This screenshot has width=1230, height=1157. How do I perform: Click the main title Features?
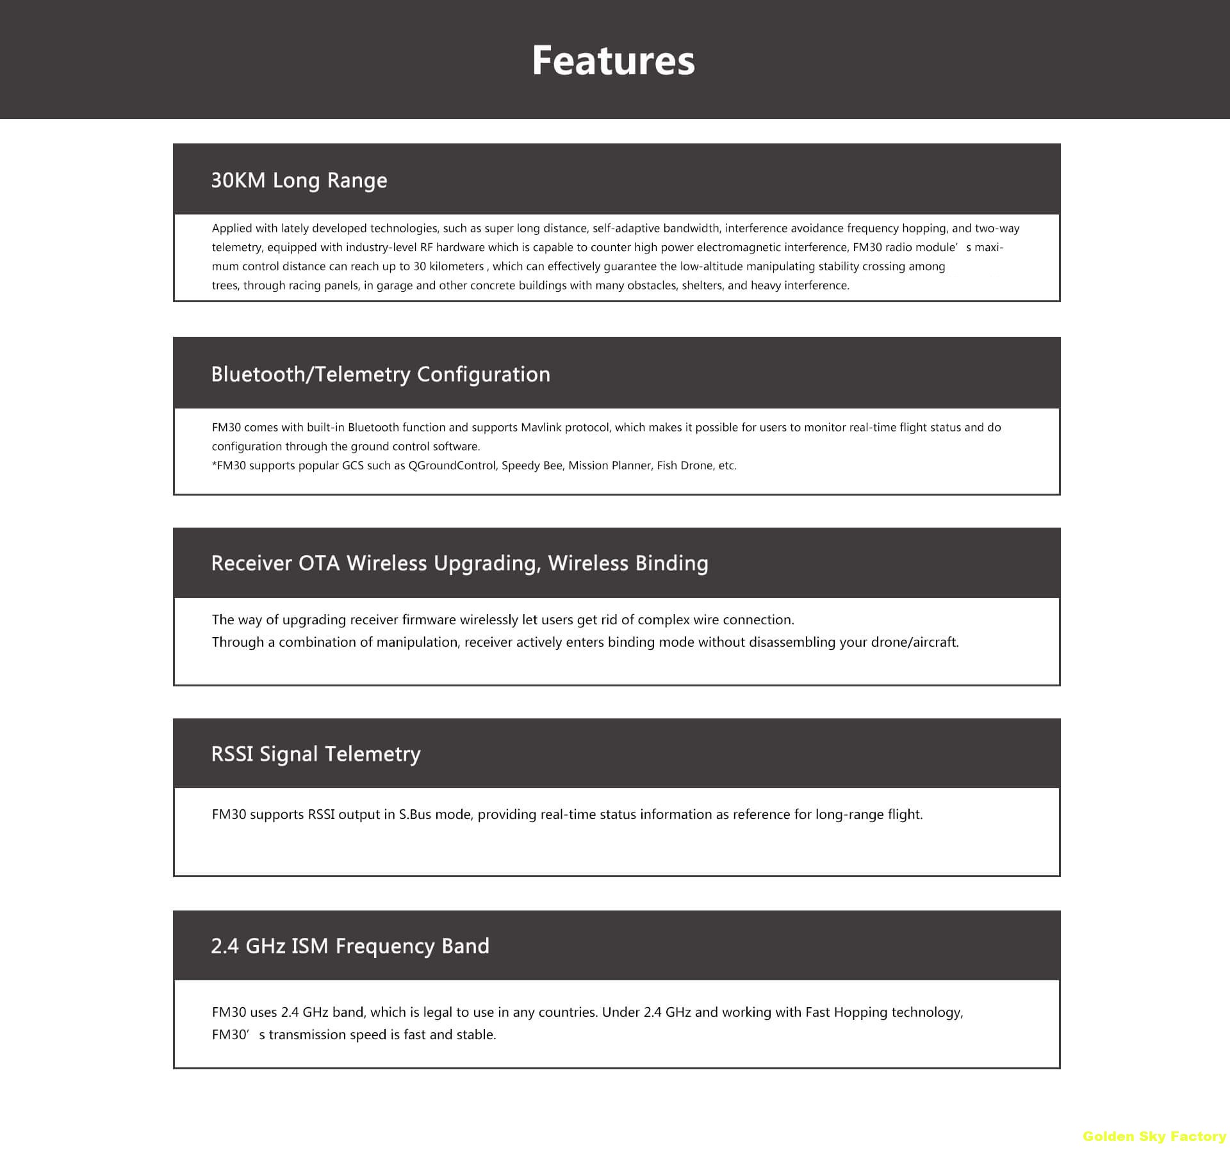click(x=613, y=61)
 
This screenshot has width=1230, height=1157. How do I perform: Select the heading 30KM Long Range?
click(x=299, y=181)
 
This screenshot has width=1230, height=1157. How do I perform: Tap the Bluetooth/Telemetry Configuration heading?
click(x=381, y=375)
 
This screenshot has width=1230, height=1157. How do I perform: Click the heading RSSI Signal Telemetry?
click(x=316, y=754)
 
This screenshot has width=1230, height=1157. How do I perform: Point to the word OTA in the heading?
click(x=319, y=563)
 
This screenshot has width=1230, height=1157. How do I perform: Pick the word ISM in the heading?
click(x=310, y=946)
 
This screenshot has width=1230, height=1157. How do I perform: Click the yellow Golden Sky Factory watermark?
click(x=1154, y=1137)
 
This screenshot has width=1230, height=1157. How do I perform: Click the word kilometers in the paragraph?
click(x=457, y=267)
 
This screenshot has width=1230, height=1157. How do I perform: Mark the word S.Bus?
click(x=414, y=815)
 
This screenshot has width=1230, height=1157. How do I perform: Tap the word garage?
click(x=395, y=286)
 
